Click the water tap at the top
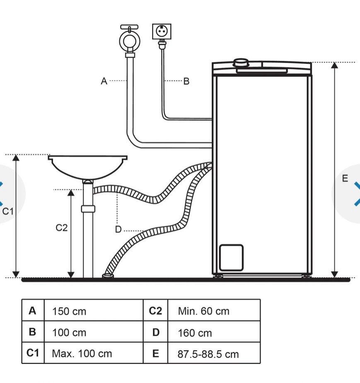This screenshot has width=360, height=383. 129,39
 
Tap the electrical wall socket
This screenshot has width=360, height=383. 162,32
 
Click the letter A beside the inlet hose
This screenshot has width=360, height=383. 104,81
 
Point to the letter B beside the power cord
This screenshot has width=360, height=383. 186,81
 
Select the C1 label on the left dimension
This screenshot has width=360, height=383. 8,211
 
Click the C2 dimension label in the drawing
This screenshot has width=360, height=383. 61,228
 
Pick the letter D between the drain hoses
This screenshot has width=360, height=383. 118,230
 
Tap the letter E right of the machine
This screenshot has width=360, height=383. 345,179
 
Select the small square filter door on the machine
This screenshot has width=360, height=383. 231,258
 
